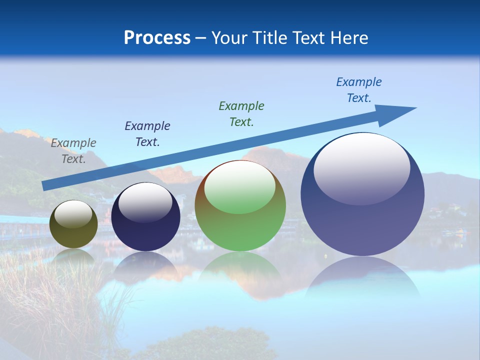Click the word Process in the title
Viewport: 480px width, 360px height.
(x=157, y=38)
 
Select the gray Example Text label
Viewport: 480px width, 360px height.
(x=73, y=151)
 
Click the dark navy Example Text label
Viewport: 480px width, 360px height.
(x=147, y=134)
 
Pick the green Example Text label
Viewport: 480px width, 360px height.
(x=241, y=114)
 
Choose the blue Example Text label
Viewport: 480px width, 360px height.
(x=359, y=90)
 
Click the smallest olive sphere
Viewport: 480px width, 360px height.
(x=73, y=235)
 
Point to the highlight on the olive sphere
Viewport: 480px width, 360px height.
(x=73, y=214)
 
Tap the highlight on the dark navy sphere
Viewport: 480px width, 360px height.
(x=145, y=203)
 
